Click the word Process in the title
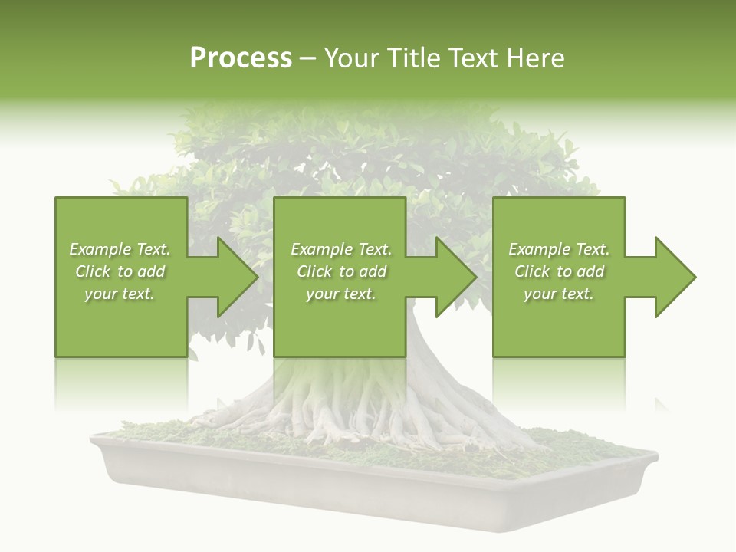pyautogui.click(x=241, y=58)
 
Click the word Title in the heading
pyautogui.click(x=415, y=58)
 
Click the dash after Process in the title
pyautogui.click(x=308, y=60)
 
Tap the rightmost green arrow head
pyautogui.click(x=674, y=277)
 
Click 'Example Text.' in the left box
pyautogui.click(x=120, y=249)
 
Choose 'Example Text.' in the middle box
pyautogui.click(x=341, y=249)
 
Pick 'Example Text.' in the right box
pyautogui.click(x=559, y=249)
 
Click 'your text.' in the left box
pyautogui.click(x=120, y=294)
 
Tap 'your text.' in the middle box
pyautogui.click(x=341, y=294)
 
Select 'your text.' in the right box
pyautogui.click(x=559, y=294)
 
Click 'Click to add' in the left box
pyautogui.click(x=120, y=271)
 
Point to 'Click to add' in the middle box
pyautogui.click(x=341, y=271)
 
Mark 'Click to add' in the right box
pyautogui.click(x=559, y=271)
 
